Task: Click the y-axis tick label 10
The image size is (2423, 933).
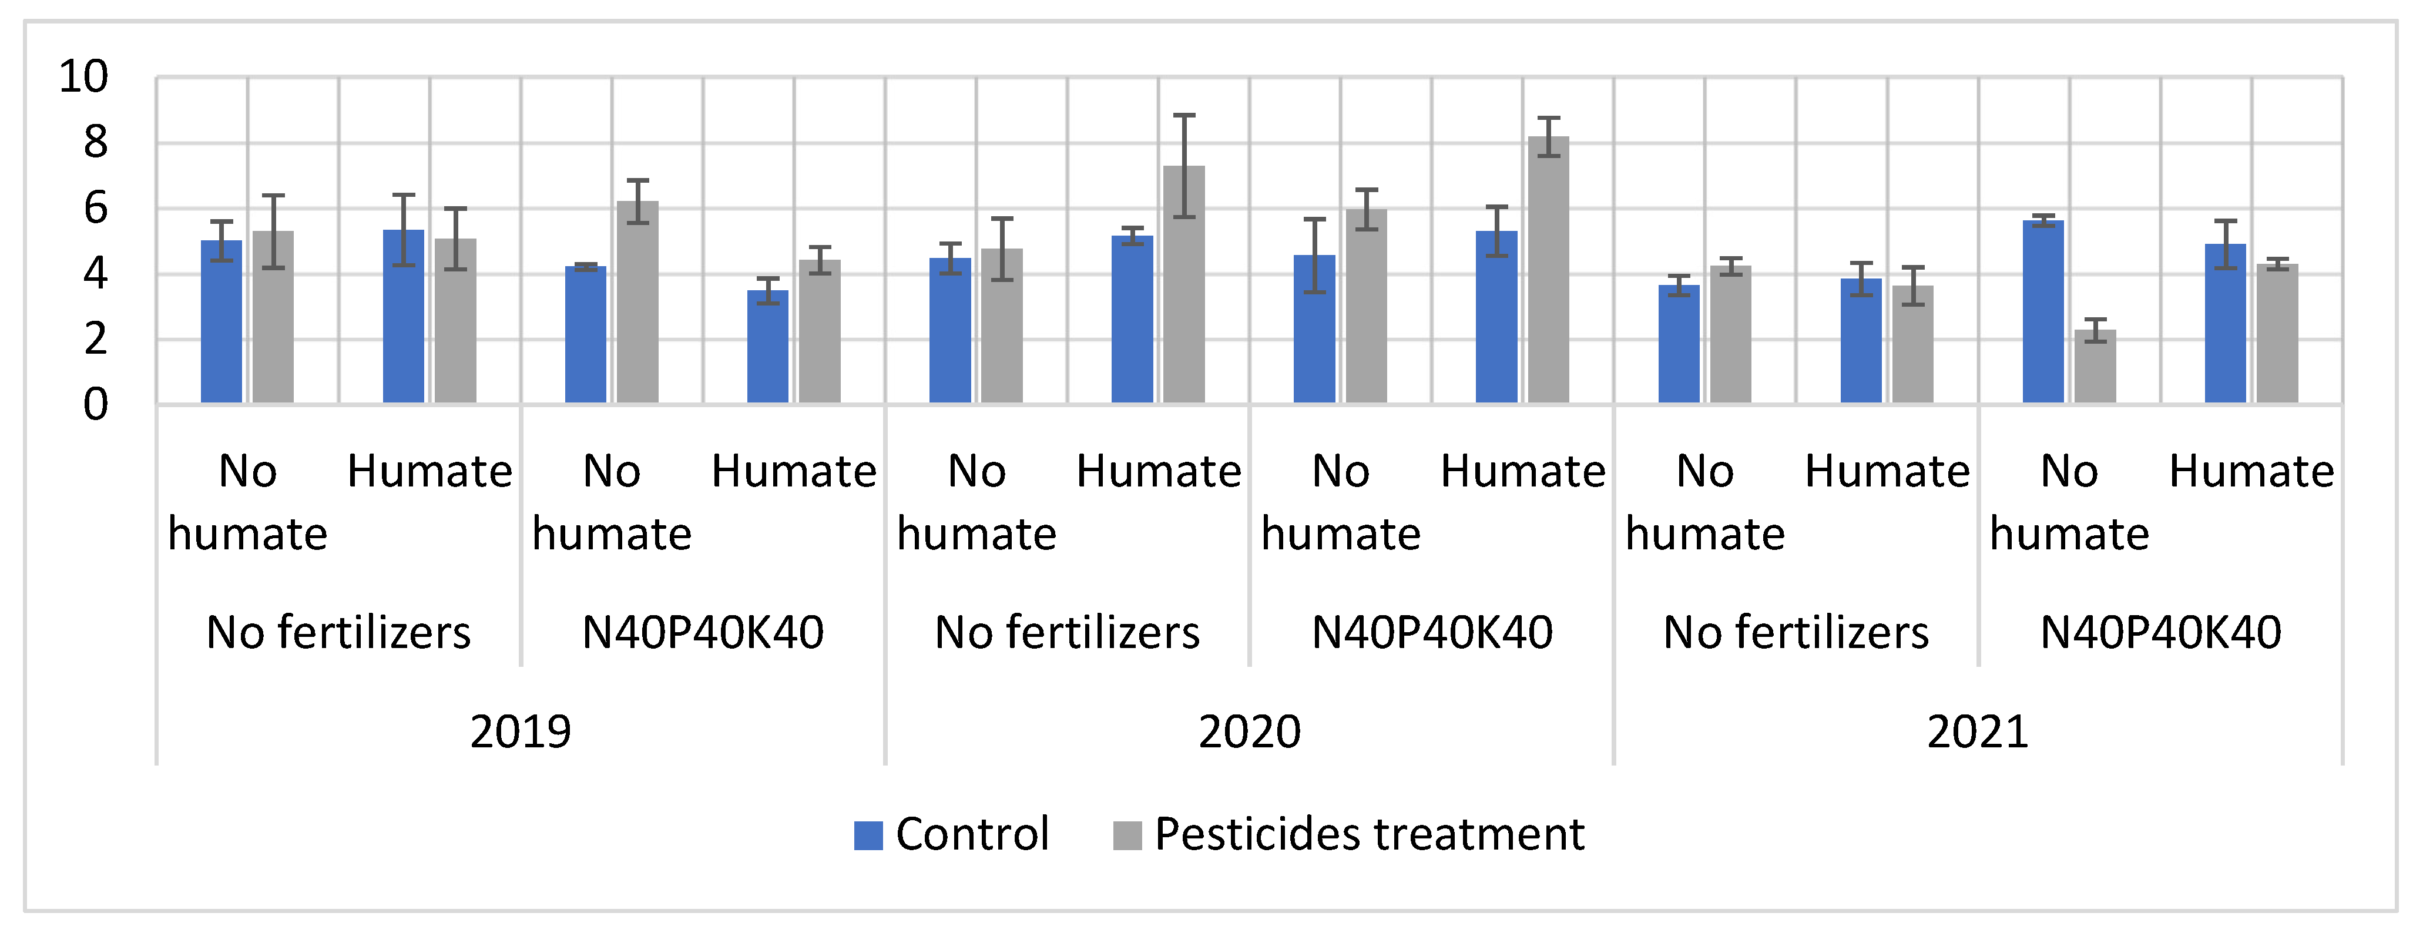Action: tap(83, 77)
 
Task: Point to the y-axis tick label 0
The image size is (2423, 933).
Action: tap(95, 405)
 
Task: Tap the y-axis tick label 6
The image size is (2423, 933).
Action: tap(95, 209)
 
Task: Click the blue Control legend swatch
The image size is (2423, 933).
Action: tap(867, 835)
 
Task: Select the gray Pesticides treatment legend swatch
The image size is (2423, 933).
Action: tap(1127, 835)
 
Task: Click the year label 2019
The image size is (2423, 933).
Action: tap(520, 731)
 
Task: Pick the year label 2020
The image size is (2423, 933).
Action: tap(1249, 731)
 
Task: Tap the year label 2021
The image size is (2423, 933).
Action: tap(1977, 731)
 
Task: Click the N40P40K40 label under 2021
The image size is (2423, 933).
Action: tap(2160, 632)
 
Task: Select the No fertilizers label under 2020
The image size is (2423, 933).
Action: tap(1066, 632)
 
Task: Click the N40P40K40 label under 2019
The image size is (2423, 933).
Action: tap(703, 632)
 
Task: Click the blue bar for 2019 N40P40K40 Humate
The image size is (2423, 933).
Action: tap(767, 347)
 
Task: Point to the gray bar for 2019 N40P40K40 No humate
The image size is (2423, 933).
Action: tap(637, 303)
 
